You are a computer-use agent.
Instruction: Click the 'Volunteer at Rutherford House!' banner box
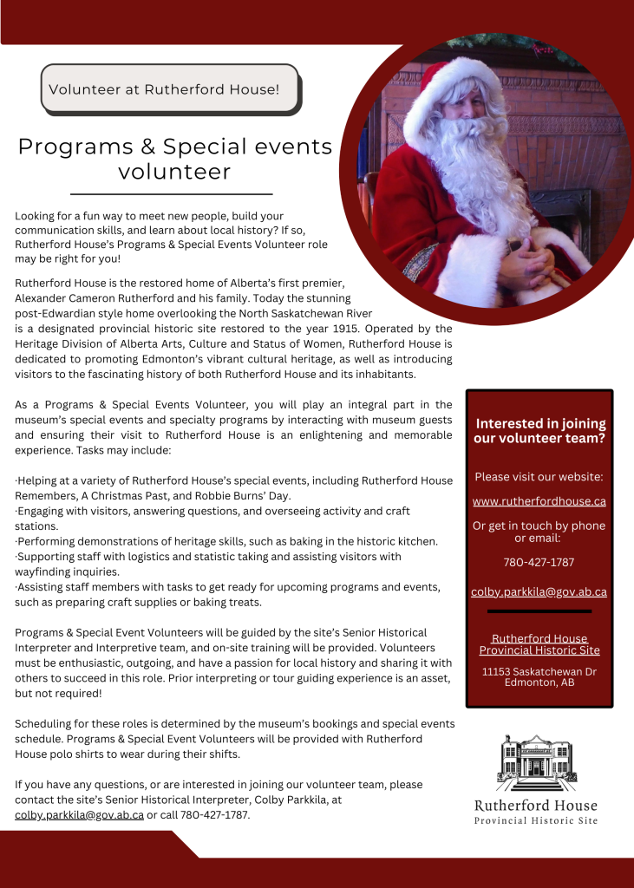tap(170, 88)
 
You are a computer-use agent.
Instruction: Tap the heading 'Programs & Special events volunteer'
tap(174, 158)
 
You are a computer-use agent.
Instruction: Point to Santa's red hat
tap(451, 87)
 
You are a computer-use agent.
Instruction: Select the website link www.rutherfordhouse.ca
tap(539, 501)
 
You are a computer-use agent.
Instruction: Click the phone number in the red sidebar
tap(539, 562)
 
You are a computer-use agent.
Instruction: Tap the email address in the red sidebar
tap(539, 592)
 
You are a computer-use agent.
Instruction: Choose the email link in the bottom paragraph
tap(79, 815)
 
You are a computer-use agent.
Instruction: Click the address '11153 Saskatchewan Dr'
tap(539, 671)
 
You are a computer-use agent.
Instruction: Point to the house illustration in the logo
tap(535, 762)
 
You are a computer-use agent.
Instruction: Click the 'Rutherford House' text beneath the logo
tap(535, 806)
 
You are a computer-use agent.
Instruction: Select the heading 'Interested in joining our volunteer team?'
tap(539, 431)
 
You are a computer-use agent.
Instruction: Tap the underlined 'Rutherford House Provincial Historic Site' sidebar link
tap(539, 644)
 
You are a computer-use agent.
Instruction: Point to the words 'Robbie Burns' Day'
tap(239, 495)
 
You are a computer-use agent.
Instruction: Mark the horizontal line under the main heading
tap(171, 194)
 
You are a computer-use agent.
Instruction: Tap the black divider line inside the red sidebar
tap(539, 611)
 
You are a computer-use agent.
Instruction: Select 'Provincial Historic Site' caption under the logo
tap(535, 821)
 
